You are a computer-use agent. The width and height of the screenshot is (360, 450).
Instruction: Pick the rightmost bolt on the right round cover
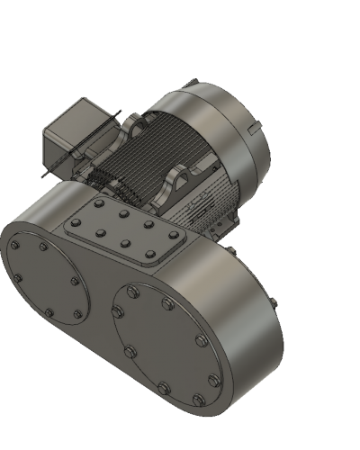(x=214, y=382)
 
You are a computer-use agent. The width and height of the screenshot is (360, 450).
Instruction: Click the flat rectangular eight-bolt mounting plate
(x=126, y=232)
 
